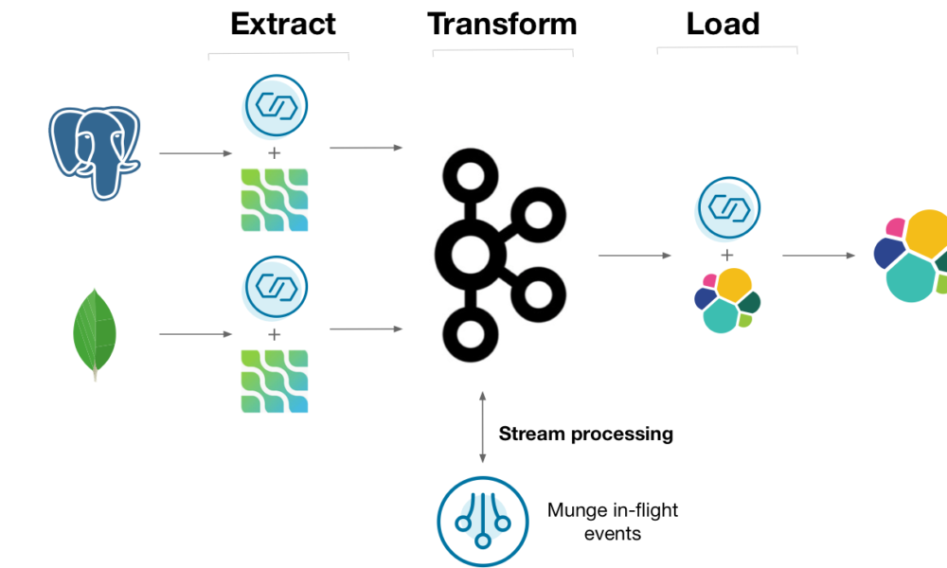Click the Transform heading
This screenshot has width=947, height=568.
pos(502,24)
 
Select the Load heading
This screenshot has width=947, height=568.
pos(724,24)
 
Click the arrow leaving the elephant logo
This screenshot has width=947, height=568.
pos(195,152)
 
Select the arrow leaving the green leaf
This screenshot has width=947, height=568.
pos(195,334)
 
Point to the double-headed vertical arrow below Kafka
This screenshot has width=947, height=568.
pos(482,426)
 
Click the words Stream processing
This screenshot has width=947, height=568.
pos(585,435)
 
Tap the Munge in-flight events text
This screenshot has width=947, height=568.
pos(612,522)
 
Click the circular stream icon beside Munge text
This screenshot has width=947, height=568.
pos(481,522)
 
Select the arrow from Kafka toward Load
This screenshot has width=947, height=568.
pos(634,255)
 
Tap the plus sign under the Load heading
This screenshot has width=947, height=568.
pos(727,255)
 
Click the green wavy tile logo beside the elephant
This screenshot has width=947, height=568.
pos(274,200)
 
